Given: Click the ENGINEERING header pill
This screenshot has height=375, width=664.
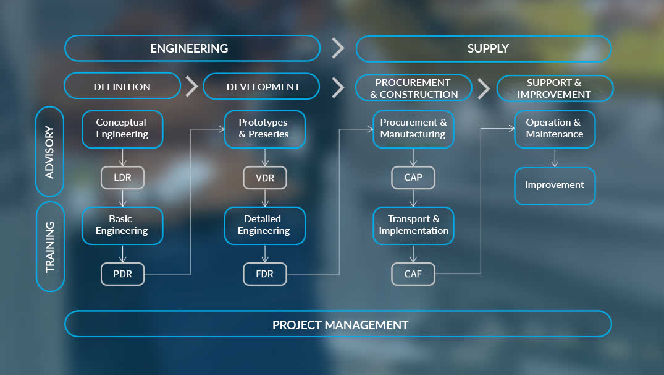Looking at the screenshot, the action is [192, 48].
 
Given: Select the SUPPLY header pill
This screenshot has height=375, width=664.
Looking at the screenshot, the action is [484, 48].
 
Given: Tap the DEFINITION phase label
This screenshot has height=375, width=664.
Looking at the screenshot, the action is [122, 86].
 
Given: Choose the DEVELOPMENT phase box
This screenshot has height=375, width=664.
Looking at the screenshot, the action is [261, 87].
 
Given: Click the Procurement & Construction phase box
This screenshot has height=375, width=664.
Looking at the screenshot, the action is [414, 88].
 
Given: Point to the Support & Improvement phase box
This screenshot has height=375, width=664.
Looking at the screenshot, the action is [555, 88].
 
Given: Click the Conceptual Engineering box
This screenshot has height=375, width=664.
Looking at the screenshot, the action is [122, 129].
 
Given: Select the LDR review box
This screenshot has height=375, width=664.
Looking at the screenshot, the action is [122, 178].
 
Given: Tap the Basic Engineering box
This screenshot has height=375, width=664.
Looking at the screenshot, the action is [122, 226].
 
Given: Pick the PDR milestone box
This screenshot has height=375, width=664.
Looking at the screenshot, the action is [122, 274].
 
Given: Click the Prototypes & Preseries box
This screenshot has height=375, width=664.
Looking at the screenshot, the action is [264, 129].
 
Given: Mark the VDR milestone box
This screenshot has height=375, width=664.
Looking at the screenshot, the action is [264, 178].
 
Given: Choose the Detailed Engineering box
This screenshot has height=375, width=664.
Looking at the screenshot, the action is [264, 226].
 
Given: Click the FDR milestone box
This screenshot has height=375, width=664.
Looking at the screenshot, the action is [264, 274].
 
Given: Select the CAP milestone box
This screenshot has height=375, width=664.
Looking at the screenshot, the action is [413, 178].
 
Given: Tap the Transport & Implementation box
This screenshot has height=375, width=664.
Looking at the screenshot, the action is [413, 226].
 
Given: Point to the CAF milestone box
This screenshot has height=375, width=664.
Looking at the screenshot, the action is [413, 274].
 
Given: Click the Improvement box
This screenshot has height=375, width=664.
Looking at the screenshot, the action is [555, 186].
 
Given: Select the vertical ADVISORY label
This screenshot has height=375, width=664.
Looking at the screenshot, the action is [50, 152].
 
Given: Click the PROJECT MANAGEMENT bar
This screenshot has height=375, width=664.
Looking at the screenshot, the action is [338, 324].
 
